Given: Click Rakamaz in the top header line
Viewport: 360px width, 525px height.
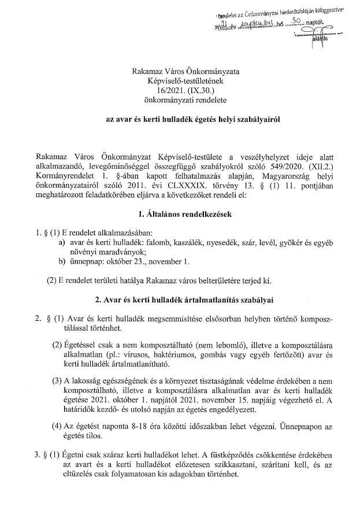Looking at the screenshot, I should pyautogui.click(x=147, y=71).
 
